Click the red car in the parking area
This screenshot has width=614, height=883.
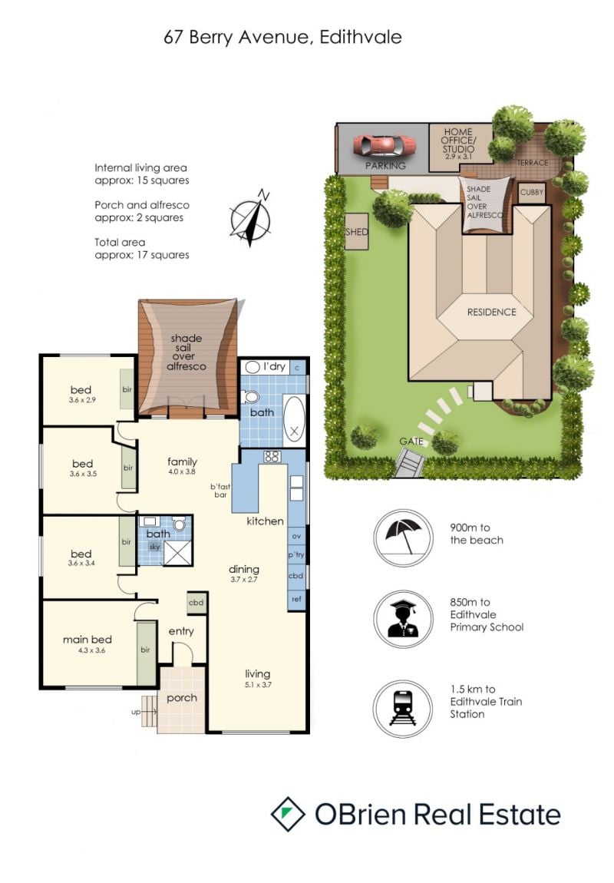click(x=385, y=147)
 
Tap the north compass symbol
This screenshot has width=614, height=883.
click(x=251, y=219)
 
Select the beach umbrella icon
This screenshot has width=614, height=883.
click(x=403, y=537)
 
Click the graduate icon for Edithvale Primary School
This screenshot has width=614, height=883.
click(x=403, y=619)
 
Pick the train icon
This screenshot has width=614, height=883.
click(x=403, y=709)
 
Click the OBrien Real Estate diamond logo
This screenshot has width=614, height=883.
click(x=288, y=815)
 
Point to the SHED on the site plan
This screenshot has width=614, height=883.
click(x=356, y=231)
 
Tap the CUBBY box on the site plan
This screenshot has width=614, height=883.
click(x=532, y=193)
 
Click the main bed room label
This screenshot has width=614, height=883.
click(x=87, y=639)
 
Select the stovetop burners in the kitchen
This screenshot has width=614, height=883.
click(x=272, y=456)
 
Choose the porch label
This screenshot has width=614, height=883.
click(x=182, y=698)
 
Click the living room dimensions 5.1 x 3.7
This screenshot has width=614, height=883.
click(x=258, y=685)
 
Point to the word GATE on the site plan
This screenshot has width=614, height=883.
click(x=411, y=441)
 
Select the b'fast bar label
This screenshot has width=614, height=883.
click(x=220, y=491)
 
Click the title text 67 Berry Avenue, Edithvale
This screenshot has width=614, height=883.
click(x=282, y=37)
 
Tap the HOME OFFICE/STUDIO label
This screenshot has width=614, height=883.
click(x=459, y=141)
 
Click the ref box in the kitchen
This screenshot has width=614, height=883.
click(x=296, y=599)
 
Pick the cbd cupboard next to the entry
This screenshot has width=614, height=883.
click(x=196, y=603)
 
